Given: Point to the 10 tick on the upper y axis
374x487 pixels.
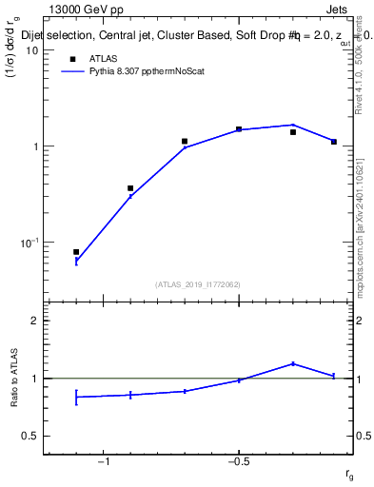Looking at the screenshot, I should [x=31, y=50].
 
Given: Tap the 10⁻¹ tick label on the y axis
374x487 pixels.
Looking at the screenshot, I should [x=30, y=243].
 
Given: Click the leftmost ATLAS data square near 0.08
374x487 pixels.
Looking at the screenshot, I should [x=76, y=252].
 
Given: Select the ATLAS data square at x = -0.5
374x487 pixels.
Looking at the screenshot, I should [x=239, y=129].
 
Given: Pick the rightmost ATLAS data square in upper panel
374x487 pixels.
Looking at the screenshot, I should [x=334, y=142].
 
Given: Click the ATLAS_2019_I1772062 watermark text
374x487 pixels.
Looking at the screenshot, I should [x=199, y=283].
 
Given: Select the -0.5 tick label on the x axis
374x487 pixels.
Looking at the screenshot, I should [x=237, y=462].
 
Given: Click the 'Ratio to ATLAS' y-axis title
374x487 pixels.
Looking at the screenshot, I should [x=13, y=378].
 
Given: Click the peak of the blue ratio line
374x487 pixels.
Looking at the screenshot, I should [x=293, y=363].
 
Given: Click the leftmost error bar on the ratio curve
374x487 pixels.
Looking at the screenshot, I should [x=76, y=397].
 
